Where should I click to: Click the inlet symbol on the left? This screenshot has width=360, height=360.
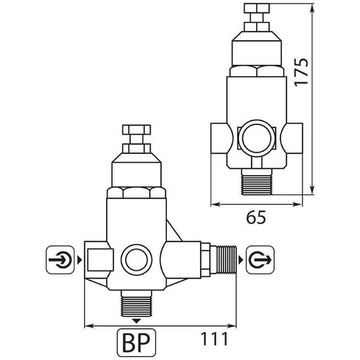click(61, 258)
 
